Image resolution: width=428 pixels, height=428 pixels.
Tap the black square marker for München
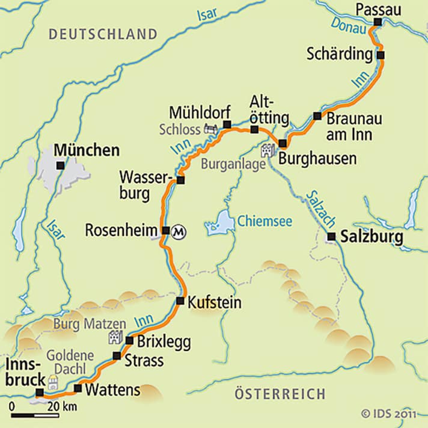point(60,165)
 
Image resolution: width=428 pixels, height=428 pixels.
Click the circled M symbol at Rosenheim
point(178,231)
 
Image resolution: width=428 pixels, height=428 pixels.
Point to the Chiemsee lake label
point(264,222)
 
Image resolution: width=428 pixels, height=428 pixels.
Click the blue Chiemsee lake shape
point(221,223)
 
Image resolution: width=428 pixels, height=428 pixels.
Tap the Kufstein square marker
point(180,301)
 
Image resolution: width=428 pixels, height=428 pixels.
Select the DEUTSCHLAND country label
point(103,34)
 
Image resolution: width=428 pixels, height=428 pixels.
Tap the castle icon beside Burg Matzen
point(115,337)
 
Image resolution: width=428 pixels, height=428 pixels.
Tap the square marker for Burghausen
point(283,143)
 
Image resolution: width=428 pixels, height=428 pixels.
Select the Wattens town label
point(112,390)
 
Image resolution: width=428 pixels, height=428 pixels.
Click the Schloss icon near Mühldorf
point(210,128)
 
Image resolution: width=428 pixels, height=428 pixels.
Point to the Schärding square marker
point(381,55)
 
